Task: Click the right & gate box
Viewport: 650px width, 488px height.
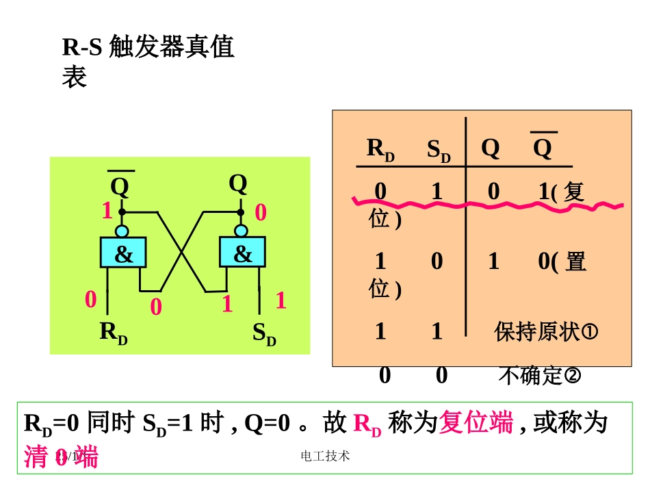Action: click(242, 253)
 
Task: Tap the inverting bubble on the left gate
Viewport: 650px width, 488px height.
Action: click(122, 231)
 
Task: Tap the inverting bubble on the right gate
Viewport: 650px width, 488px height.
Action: click(239, 230)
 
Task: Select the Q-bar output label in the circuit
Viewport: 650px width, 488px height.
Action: click(120, 186)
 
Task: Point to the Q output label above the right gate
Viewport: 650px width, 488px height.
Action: click(238, 183)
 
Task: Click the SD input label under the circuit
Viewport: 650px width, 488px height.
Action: click(264, 333)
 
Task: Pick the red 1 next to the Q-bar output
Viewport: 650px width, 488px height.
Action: click(107, 211)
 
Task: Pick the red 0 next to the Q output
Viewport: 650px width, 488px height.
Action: click(260, 213)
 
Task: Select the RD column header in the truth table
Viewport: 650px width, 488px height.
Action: click(380, 149)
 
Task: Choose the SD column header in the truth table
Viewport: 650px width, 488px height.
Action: click(439, 150)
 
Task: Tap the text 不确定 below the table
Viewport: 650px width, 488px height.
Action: click(531, 376)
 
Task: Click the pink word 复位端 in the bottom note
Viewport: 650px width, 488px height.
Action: click(476, 423)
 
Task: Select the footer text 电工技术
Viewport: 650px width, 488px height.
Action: click(325, 456)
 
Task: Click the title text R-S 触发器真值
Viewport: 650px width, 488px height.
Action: click(148, 48)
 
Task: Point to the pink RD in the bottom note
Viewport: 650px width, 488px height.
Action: click(367, 424)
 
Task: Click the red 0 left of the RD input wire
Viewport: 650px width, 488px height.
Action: click(90, 300)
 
